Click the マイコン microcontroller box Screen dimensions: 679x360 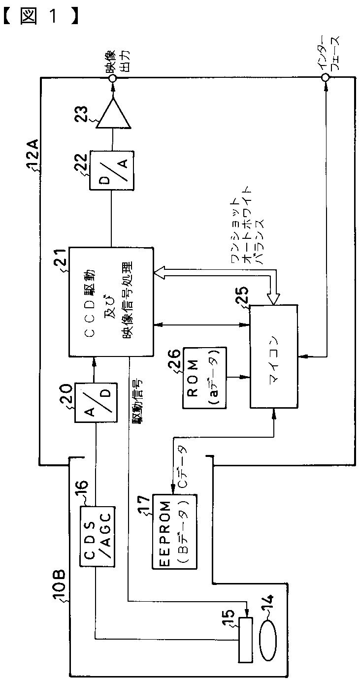pos(274,356)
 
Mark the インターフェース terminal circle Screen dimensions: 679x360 pos(325,78)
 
